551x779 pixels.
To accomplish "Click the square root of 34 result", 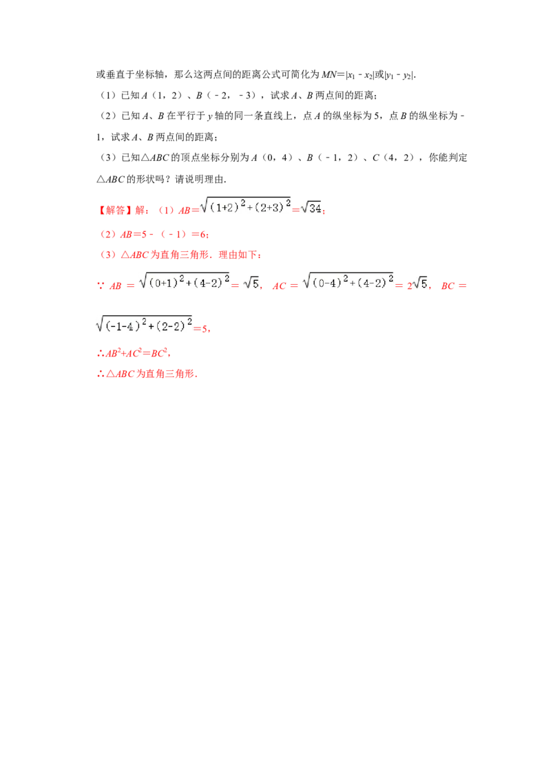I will click(311, 207).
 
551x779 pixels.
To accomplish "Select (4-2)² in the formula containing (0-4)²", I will click(373, 283).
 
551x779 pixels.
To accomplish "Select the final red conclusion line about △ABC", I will click(147, 375).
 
